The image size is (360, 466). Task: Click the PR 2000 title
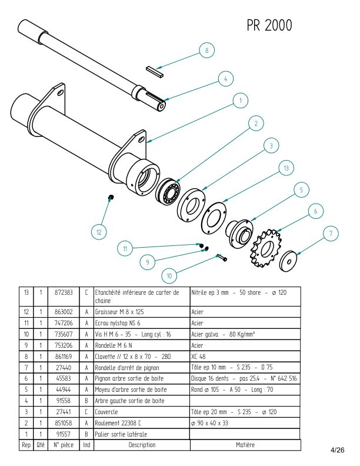tap(269, 26)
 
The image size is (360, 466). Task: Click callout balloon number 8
tap(206, 51)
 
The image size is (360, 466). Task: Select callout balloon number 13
tap(286, 168)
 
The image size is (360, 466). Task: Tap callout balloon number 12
tap(99, 232)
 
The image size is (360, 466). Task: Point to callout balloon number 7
tap(331, 234)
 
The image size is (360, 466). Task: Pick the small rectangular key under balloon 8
tap(156, 71)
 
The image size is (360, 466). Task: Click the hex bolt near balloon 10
tap(221, 257)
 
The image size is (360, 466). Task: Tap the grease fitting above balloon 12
tap(111, 197)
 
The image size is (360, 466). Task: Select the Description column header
tap(142, 445)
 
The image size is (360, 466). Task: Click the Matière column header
tap(245, 445)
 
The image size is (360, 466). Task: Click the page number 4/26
tap(338, 450)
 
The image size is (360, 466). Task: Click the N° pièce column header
tap(64, 445)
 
